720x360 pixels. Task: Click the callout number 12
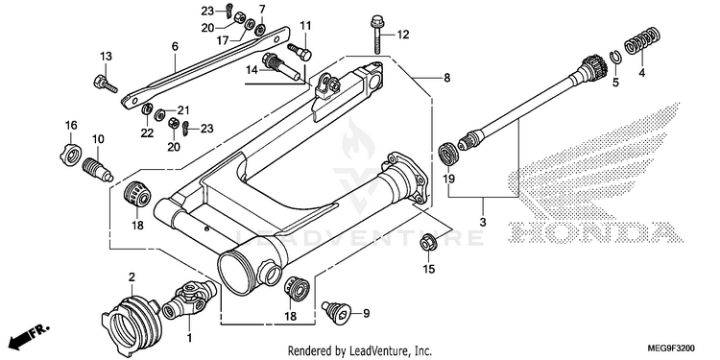pos(402,35)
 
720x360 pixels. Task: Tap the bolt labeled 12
pos(376,36)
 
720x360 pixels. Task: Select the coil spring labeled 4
pos(641,41)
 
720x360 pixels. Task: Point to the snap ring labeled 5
pos(615,59)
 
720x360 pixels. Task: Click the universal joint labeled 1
pos(189,299)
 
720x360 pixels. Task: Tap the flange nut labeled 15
pos(428,244)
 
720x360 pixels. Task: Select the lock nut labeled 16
pos(70,155)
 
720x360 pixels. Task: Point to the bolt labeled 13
pos(106,84)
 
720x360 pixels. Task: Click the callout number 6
pos(175,46)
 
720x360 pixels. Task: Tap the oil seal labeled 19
pos(448,155)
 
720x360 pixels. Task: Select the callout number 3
pos(483,223)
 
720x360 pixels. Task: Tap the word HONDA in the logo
pos(596,231)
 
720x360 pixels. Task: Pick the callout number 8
pos(446,78)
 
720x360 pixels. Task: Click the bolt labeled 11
pos(300,51)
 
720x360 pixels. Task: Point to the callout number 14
pos(252,70)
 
